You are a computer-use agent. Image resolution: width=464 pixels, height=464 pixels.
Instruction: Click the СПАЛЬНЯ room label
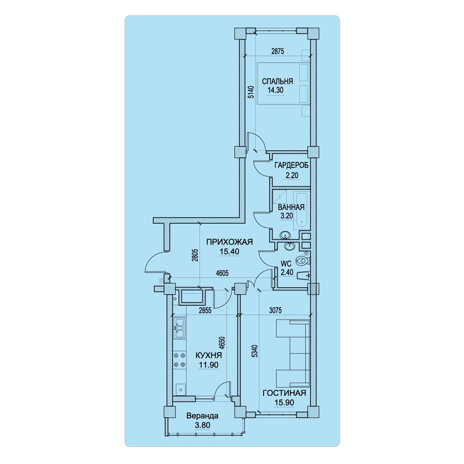(x=277, y=81)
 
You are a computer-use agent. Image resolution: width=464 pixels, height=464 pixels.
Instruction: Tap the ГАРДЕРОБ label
(x=291, y=165)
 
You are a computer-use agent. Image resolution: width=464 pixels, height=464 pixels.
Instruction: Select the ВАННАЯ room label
(x=291, y=207)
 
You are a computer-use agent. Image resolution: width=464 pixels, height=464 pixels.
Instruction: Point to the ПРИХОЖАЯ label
(x=229, y=242)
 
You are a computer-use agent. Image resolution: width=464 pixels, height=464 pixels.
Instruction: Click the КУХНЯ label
(x=209, y=355)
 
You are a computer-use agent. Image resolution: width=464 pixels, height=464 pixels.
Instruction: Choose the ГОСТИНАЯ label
(x=284, y=393)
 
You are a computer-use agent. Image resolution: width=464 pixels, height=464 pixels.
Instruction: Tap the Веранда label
(x=202, y=416)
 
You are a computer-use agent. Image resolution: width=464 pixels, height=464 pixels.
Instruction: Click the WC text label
(x=286, y=264)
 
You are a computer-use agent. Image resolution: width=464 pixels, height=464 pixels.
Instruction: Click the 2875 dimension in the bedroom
(x=277, y=51)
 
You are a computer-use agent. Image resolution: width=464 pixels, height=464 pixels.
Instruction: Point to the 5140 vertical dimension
(x=251, y=92)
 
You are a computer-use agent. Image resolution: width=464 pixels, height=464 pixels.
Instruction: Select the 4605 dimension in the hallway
(x=222, y=273)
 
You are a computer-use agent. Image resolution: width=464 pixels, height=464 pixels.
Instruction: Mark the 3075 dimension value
(x=275, y=310)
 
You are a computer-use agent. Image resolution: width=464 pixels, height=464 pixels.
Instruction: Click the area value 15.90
(x=284, y=402)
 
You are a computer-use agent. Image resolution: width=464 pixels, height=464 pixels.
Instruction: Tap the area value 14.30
(x=276, y=90)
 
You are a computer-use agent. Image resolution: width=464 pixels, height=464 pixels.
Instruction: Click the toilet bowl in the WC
(x=303, y=261)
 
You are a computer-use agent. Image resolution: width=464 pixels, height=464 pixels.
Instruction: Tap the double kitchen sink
(x=179, y=328)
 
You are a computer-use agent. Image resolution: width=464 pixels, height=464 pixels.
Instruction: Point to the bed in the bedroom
(x=283, y=83)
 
